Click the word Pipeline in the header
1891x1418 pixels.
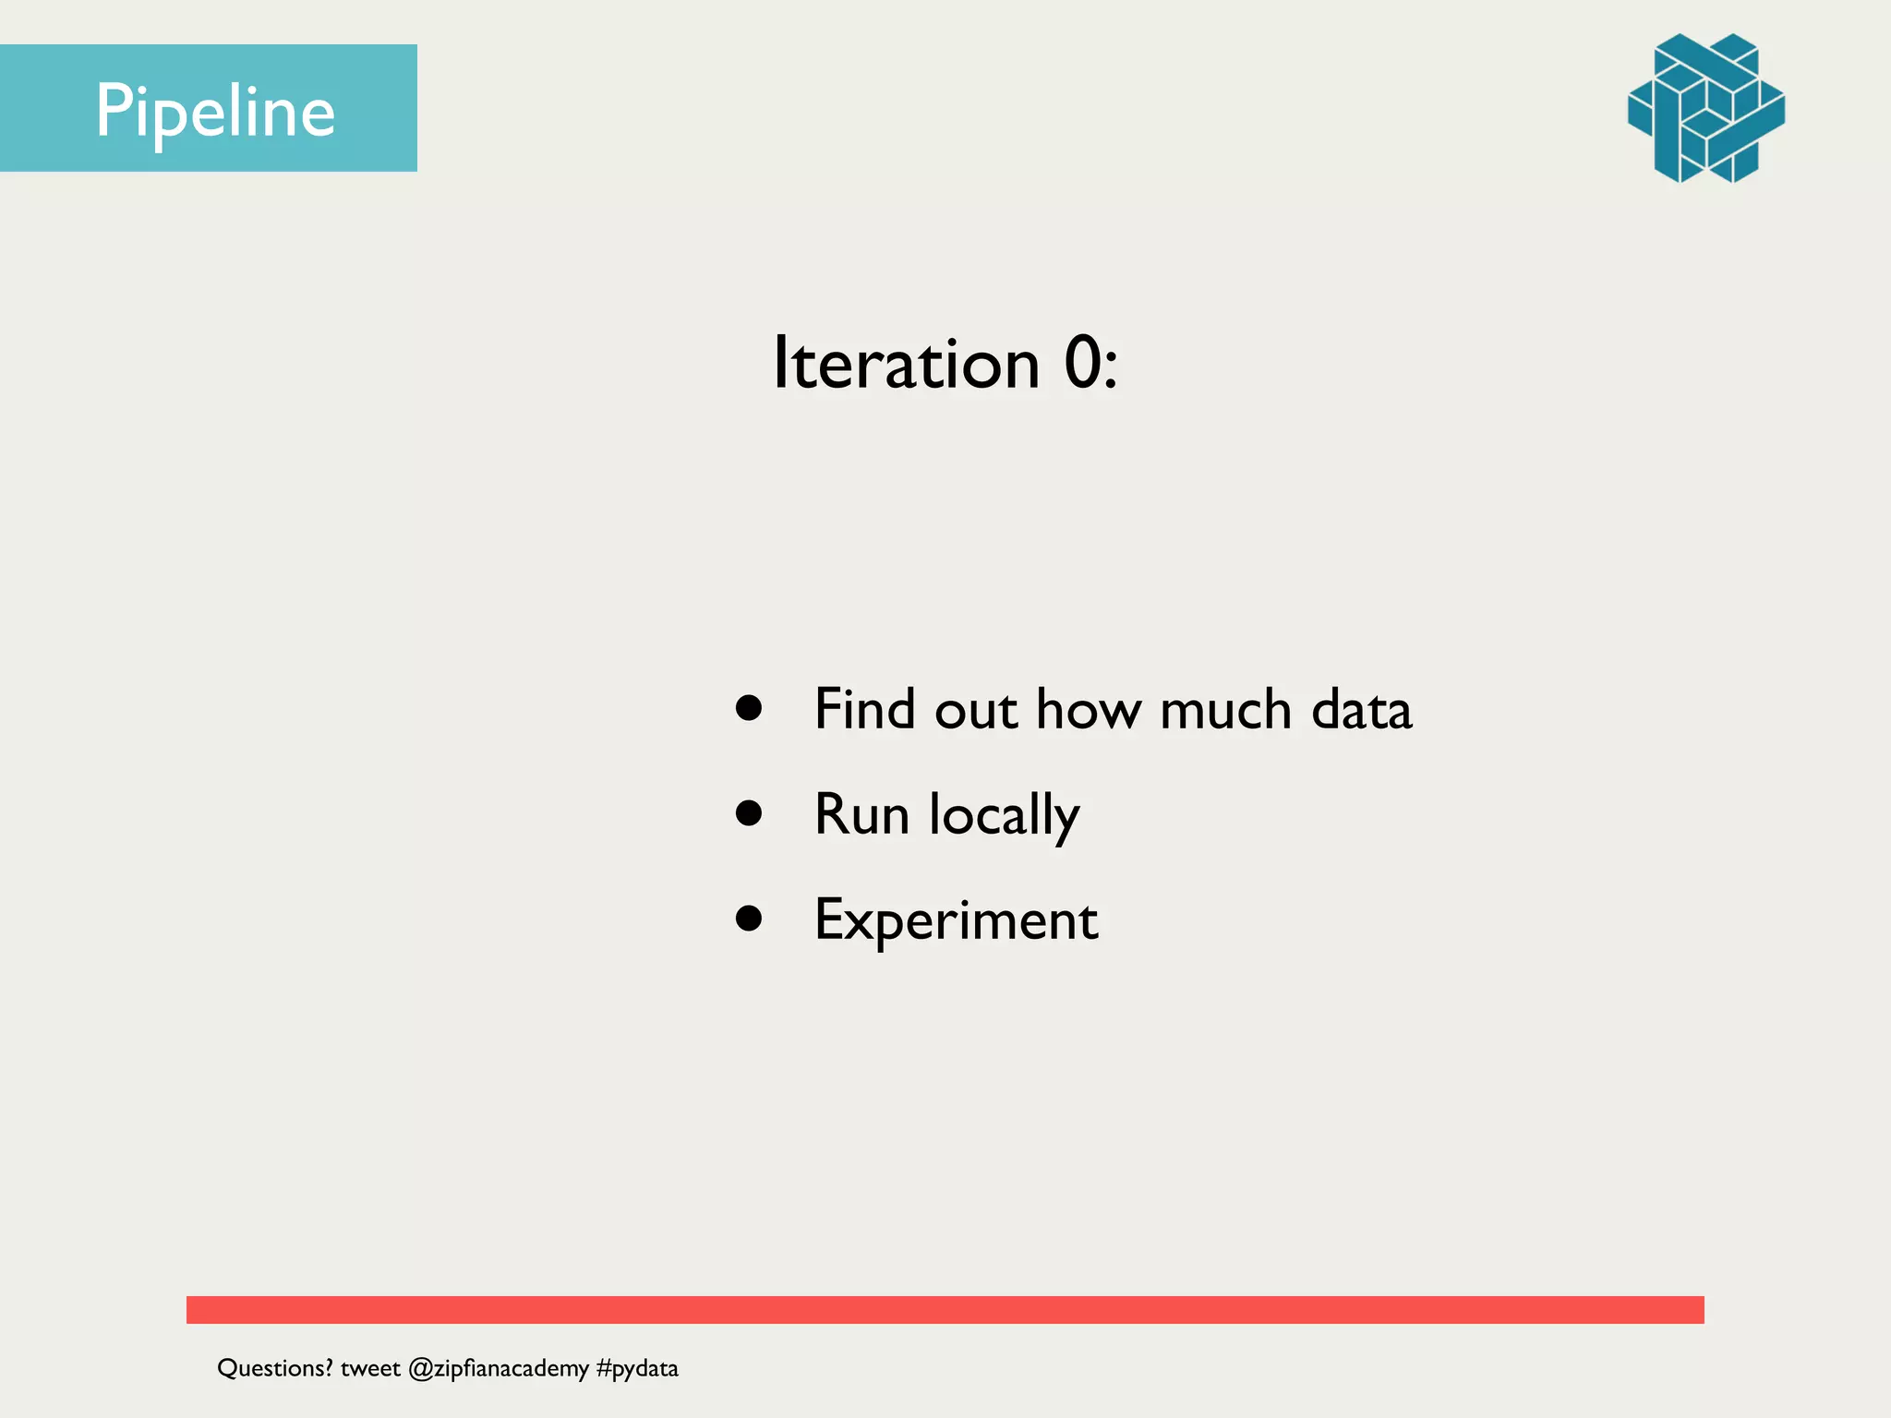tap(215, 111)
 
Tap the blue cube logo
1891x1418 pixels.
tap(1705, 108)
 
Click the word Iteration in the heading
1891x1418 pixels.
tap(906, 363)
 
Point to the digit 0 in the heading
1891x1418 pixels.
tap(1083, 363)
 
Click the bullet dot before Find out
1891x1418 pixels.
tap(749, 708)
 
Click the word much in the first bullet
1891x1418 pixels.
tap(1224, 709)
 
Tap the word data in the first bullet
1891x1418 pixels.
tap(1361, 709)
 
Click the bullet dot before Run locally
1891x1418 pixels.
tap(749, 813)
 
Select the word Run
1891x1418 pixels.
tap(861, 814)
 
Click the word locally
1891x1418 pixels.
tap(1004, 816)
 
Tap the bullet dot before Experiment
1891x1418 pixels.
tap(749, 919)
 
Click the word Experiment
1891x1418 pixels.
tap(956, 920)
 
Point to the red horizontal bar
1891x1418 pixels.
tap(945, 1309)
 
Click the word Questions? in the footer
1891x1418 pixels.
tap(274, 1368)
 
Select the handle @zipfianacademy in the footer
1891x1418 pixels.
tap(498, 1368)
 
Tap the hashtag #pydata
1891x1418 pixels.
tap(637, 1368)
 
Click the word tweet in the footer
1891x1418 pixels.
tap(369, 1368)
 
